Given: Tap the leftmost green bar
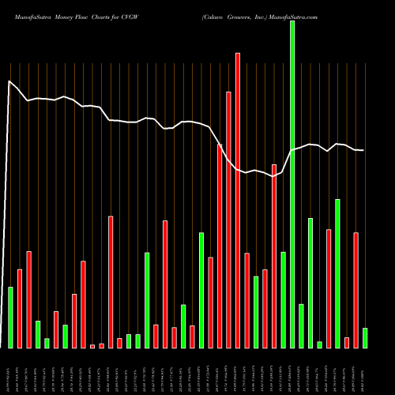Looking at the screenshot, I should (11, 317).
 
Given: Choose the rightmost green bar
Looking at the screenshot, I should (365, 338).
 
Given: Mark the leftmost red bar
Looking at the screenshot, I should (20, 308).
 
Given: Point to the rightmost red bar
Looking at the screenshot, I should (356, 290).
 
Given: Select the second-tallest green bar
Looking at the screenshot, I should (337, 273).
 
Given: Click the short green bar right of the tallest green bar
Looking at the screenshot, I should (301, 325).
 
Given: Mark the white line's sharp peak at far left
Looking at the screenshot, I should (9, 81).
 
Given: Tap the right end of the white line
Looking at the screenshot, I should (363, 150).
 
